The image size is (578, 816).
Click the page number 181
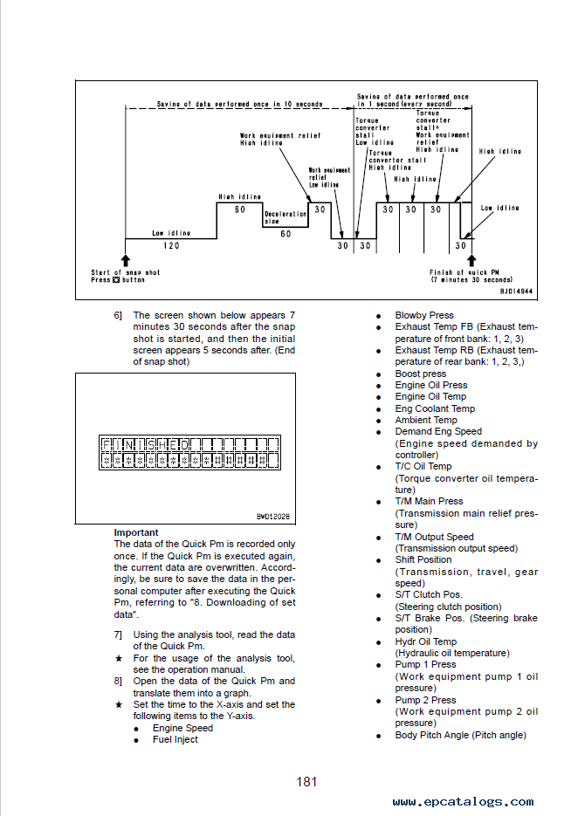306,782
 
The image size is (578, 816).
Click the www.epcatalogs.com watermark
463,802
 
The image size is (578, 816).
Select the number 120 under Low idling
171,245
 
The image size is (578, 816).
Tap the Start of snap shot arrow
126,260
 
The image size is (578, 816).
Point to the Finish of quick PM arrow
471,260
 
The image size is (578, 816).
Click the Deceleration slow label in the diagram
286,217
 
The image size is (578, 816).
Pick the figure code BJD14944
516,291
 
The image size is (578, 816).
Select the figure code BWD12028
273,517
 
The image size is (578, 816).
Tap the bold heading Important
136,532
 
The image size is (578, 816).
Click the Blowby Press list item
424,315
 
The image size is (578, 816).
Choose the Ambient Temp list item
426,420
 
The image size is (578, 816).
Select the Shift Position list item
423,560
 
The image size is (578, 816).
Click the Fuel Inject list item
175,739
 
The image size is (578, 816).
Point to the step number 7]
118,634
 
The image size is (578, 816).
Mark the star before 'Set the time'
119,704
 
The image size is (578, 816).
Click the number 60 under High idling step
239,209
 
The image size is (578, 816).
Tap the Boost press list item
421,374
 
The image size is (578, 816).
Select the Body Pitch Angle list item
461,736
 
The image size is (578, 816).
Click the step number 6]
118,315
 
